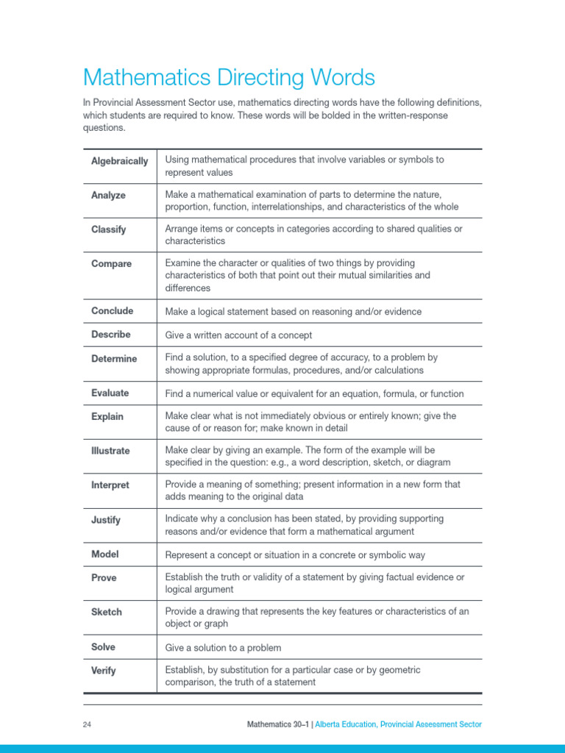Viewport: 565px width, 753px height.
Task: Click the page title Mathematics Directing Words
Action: click(x=229, y=77)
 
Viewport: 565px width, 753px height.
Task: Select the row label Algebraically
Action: click(x=119, y=161)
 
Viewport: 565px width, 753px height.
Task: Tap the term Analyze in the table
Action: click(x=108, y=196)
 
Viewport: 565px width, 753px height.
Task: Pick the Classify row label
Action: click(x=108, y=229)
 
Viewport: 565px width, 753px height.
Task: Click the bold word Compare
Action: click(x=111, y=264)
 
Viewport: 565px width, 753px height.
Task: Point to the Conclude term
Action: click(x=112, y=311)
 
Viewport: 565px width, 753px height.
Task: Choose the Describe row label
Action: click(x=110, y=335)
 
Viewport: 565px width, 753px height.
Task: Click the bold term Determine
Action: click(x=114, y=359)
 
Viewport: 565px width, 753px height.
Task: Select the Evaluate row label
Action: click(x=110, y=393)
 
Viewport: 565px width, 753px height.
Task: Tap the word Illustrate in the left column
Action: click(x=110, y=451)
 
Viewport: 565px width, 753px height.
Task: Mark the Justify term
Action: click(x=106, y=520)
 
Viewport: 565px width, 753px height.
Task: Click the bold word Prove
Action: click(x=104, y=578)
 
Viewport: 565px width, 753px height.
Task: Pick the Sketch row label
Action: click(x=107, y=612)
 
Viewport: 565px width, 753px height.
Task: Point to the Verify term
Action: click(x=104, y=671)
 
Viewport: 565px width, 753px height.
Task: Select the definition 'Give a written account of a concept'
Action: click(x=238, y=335)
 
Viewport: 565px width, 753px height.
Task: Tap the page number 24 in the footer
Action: click(x=87, y=725)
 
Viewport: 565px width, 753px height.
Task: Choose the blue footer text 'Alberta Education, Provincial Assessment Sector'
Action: click(x=399, y=725)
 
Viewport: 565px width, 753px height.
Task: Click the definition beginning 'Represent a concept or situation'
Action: click(x=295, y=555)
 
